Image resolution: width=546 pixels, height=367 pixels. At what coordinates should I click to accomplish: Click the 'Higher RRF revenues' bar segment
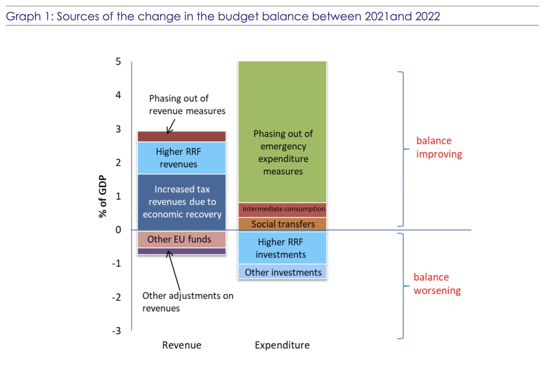181,158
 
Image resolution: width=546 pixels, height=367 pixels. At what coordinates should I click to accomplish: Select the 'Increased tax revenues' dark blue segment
181,202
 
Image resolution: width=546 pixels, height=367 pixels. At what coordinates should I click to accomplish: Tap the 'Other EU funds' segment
181,239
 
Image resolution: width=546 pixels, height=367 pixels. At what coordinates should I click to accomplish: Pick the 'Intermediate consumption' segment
282,210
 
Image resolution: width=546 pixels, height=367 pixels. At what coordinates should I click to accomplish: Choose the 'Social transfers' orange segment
282,224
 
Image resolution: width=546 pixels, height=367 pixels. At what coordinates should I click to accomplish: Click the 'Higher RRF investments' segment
282,248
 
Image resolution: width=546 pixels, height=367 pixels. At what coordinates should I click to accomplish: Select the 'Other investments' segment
282,272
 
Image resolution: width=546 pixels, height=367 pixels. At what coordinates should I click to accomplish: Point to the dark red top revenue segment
181,136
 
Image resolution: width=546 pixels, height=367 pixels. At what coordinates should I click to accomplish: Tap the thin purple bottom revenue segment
181,251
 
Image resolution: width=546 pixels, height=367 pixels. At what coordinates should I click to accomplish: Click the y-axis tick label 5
118,61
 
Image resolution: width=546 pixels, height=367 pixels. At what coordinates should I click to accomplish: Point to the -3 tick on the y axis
117,331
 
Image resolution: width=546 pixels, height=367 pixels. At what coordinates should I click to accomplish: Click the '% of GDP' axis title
102,196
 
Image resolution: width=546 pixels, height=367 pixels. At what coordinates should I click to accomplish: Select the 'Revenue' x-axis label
181,345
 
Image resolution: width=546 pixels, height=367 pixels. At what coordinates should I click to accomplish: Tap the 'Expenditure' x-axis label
282,345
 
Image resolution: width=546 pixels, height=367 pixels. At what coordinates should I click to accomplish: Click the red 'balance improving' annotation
439,147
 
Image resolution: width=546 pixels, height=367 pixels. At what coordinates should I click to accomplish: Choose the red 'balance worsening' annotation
437,284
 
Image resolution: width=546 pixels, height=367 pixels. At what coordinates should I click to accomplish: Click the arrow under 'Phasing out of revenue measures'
171,126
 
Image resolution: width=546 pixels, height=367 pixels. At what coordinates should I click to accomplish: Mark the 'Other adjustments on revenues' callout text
187,302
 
